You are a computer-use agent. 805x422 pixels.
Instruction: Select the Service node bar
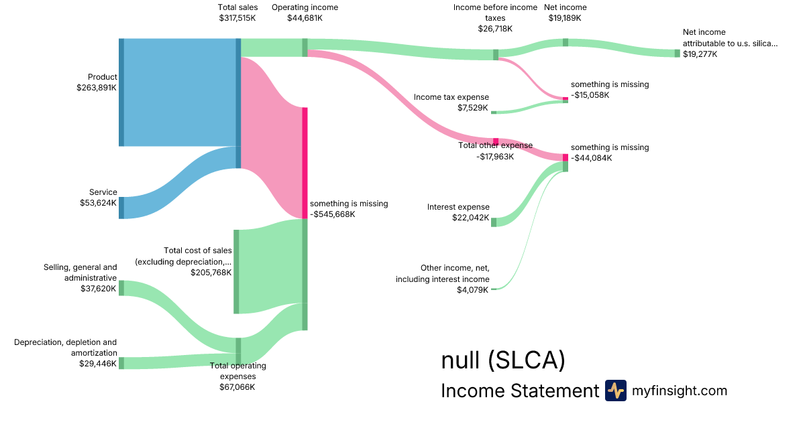pyautogui.click(x=121, y=208)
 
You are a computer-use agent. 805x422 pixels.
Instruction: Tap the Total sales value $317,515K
pyautogui.click(x=237, y=18)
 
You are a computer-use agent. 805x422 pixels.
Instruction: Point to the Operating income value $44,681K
pyautogui.click(x=305, y=18)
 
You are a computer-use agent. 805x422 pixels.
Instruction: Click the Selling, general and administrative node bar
pyautogui.click(x=121, y=288)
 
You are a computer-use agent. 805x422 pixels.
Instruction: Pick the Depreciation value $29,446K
pyautogui.click(x=98, y=364)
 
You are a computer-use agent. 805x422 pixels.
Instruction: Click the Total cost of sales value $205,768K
pyautogui.click(x=211, y=272)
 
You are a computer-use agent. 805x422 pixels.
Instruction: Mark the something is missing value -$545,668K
pyautogui.click(x=333, y=214)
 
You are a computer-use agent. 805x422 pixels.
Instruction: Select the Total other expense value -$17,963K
pyautogui.click(x=495, y=157)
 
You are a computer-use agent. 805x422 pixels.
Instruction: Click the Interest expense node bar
pyautogui.click(x=494, y=222)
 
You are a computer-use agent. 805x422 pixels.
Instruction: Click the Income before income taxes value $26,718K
pyautogui.click(x=495, y=29)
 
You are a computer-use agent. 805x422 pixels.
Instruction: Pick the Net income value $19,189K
pyautogui.click(x=565, y=18)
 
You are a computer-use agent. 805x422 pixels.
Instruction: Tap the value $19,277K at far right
pyautogui.click(x=700, y=54)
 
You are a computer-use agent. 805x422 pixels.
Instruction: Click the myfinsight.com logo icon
pyautogui.click(x=615, y=391)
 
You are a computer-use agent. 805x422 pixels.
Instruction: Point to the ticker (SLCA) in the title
pyautogui.click(x=527, y=360)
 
